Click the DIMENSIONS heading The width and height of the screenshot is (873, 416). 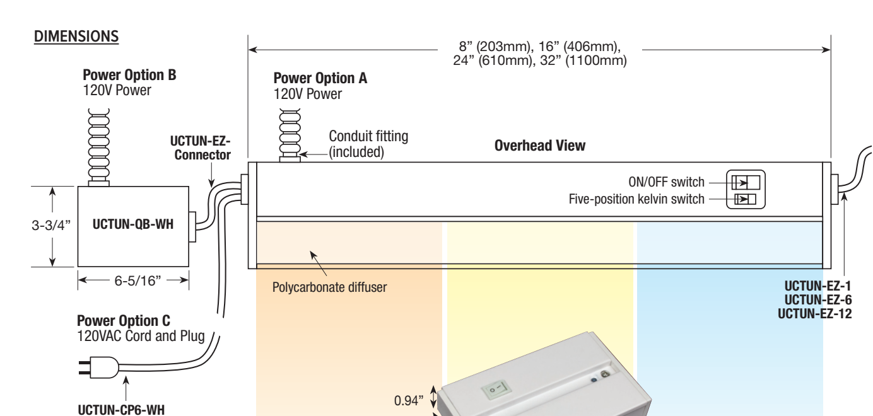click(76, 37)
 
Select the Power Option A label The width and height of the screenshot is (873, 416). click(320, 79)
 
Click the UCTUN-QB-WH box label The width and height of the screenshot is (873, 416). click(133, 226)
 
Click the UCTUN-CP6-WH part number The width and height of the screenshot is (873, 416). click(120, 410)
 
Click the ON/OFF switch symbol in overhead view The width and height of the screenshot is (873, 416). click(745, 183)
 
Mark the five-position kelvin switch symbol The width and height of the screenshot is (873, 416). click(744, 200)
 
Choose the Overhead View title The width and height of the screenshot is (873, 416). click(540, 146)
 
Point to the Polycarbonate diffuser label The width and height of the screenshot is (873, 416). click(329, 288)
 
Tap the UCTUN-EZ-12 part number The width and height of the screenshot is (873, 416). click(815, 314)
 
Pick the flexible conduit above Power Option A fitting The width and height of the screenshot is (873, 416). click(288, 129)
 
